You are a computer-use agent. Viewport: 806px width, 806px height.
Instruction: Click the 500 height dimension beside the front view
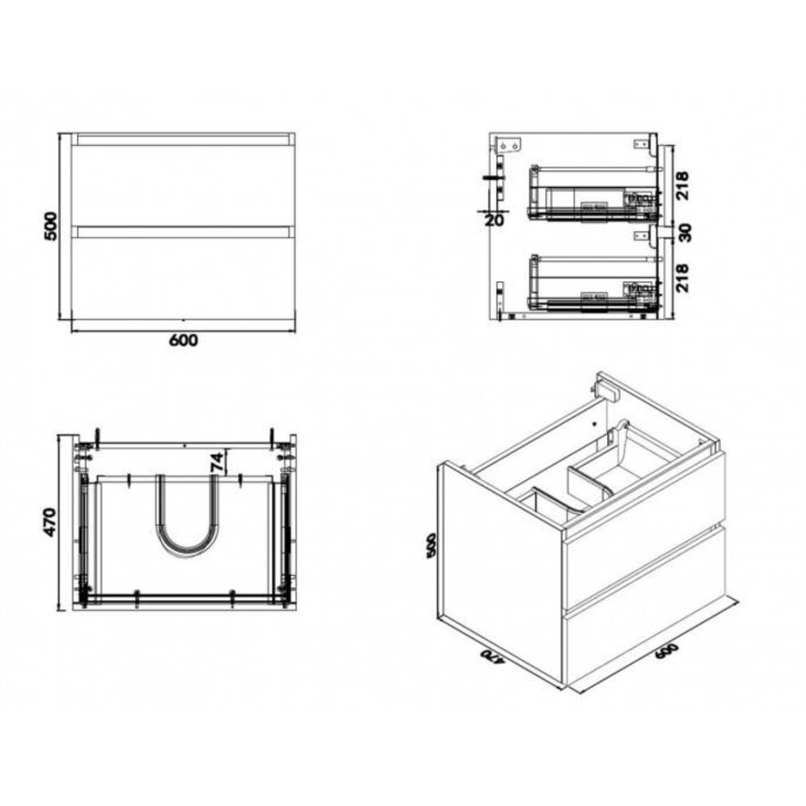pyautogui.click(x=53, y=227)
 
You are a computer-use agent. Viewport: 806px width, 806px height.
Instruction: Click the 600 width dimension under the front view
pyautogui.click(x=183, y=339)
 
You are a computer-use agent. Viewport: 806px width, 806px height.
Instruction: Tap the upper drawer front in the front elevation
pyautogui.click(x=183, y=184)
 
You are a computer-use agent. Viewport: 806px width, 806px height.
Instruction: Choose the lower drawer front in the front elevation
pyautogui.click(x=183, y=275)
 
